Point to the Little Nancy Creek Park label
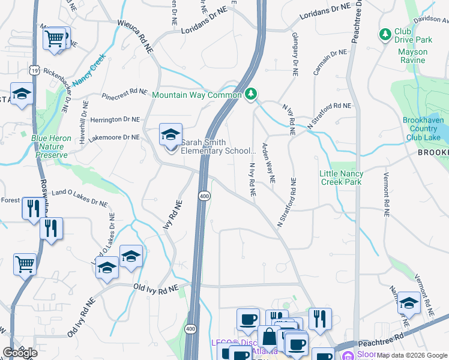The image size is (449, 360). [x=341, y=178]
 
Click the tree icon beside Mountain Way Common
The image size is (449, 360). [x=252, y=94]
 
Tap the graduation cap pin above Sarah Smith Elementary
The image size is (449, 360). [x=170, y=135]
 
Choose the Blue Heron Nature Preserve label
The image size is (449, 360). [x=51, y=146]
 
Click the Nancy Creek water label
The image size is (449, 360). [x=89, y=71]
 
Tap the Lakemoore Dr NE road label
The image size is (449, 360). [x=113, y=137]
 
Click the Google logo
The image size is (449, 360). [x=20, y=353]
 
